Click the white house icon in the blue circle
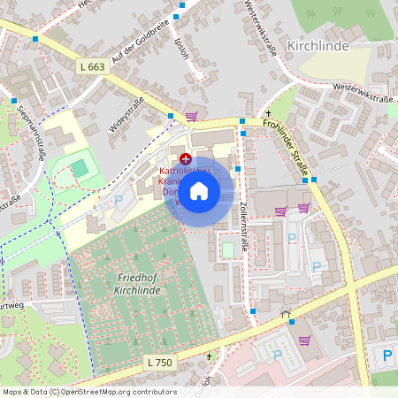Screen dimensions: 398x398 pyautogui.click(x=200, y=190)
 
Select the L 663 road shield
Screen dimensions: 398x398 pyautogui.click(x=92, y=66)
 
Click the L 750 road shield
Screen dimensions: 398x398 pyautogui.click(x=160, y=364)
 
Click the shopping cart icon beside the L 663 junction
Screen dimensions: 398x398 pyautogui.click(x=191, y=116)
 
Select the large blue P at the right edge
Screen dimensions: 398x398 pyautogui.click(x=387, y=356)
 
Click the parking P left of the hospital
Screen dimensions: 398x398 pyautogui.click(x=119, y=200)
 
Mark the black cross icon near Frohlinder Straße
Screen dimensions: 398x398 pyautogui.click(x=267, y=114)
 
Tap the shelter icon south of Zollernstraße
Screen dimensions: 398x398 pyautogui.click(x=285, y=313)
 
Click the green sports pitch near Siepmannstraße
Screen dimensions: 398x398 pyautogui.click(x=80, y=166)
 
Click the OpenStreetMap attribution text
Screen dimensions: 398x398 pyautogui.click(x=88, y=392)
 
